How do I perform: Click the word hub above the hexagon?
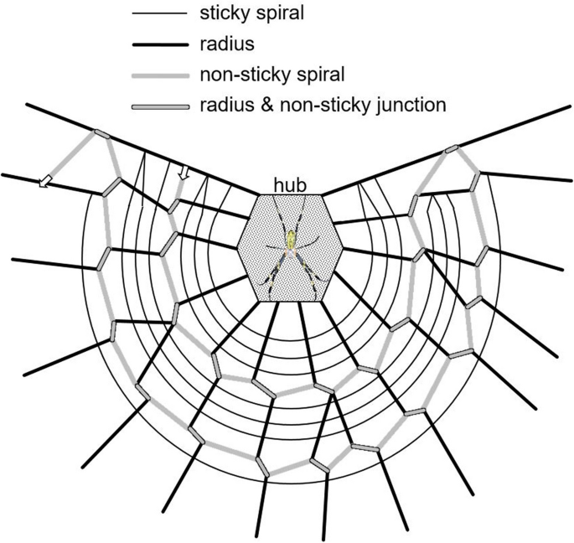pyautogui.click(x=290, y=184)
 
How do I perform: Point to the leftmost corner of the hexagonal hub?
pyautogui.click(x=236, y=247)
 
